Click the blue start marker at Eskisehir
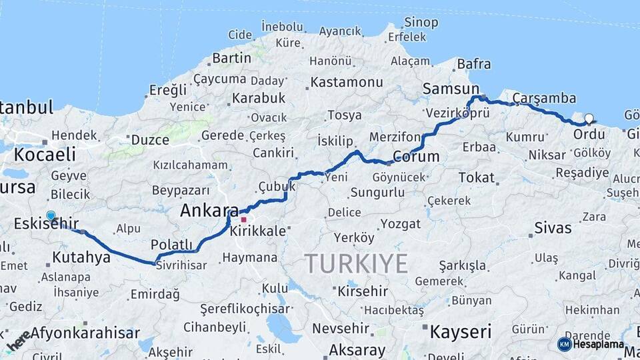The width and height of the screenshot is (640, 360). click(51, 216)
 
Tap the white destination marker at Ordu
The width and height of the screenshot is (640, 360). click(589, 119)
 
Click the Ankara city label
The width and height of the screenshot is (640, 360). click(209, 211)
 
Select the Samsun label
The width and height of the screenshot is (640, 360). click(451, 89)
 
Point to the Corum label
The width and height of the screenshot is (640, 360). click(416, 157)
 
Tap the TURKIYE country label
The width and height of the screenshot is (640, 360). click(356, 264)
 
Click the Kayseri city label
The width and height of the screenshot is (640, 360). click(461, 331)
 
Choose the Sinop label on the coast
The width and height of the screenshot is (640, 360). click(421, 22)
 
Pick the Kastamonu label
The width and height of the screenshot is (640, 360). click(347, 82)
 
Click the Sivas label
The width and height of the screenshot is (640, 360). click(553, 227)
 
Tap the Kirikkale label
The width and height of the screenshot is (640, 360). click(257, 231)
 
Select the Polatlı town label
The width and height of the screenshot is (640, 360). click(171, 244)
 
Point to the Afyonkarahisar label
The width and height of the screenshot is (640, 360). click(85, 333)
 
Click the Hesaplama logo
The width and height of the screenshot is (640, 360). click(591, 344)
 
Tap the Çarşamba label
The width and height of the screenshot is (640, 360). click(544, 98)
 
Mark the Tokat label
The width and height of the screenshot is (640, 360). click(477, 177)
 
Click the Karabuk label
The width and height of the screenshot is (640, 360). click(258, 98)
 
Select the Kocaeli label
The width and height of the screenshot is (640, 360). click(45, 155)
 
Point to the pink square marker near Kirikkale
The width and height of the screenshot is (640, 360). click(244, 219)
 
